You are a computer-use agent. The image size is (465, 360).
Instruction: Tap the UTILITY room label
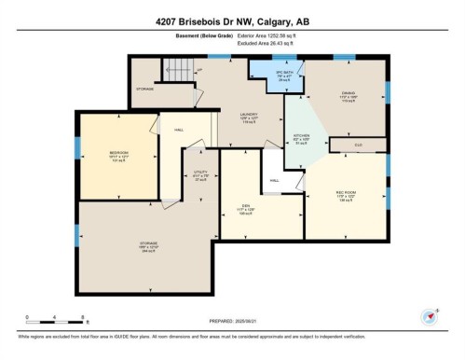pos(200,174)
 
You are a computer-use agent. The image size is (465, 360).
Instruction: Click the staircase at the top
pos(177,69)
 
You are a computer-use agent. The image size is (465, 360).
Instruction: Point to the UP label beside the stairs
pos(198,70)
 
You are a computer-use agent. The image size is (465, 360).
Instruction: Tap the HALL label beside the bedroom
pos(178,131)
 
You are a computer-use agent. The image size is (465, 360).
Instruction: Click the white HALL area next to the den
pos(275,179)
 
